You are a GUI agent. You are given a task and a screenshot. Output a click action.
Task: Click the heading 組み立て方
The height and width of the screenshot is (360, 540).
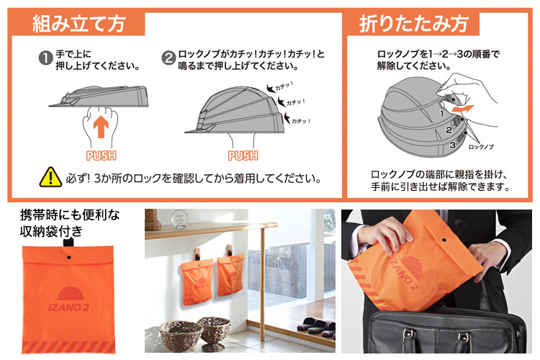tap(78, 24)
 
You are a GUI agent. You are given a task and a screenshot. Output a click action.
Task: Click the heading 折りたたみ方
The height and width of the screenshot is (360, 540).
tap(413, 24)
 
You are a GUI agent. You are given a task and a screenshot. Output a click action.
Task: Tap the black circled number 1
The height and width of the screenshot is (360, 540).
tap(45, 55)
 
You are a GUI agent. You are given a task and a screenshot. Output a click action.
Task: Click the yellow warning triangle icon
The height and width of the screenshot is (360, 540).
tap(50, 176)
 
